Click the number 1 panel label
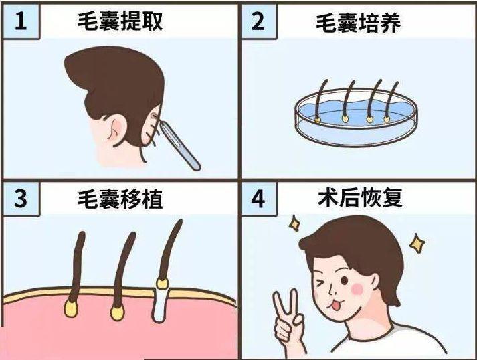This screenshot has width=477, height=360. (21, 21)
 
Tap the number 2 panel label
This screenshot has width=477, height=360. (258, 21)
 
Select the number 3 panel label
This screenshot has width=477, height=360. (21, 199)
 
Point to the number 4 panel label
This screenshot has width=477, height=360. (258, 199)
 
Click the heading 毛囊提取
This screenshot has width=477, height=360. (120, 21)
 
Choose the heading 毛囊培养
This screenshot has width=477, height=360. (358, 23)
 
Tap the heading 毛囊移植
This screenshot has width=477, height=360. (120, 199)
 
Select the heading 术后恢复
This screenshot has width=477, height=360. (360, 198)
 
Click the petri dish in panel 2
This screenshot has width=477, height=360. (356, 117)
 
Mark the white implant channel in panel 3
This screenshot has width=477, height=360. (160, 304)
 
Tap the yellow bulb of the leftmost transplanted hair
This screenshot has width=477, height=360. (70, 308)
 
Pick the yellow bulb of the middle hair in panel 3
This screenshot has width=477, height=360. (118, 312)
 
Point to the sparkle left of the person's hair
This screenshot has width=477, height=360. (294, 223)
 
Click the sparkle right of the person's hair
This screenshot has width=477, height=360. (417, 243)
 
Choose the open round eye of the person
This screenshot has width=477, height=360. (345, 280)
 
